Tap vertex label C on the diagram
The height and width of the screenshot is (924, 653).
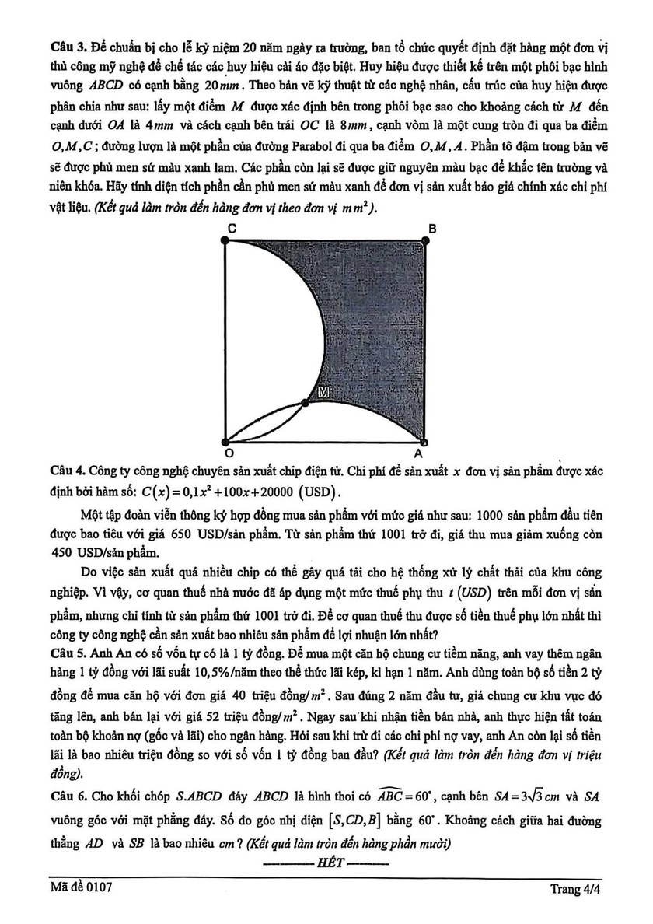coord(231,227)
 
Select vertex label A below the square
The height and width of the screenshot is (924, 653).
coord(418,453)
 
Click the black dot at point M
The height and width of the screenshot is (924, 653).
coord(305,403)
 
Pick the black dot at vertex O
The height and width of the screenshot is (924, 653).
coord(225,439)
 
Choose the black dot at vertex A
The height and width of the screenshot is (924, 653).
coord(424,439)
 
